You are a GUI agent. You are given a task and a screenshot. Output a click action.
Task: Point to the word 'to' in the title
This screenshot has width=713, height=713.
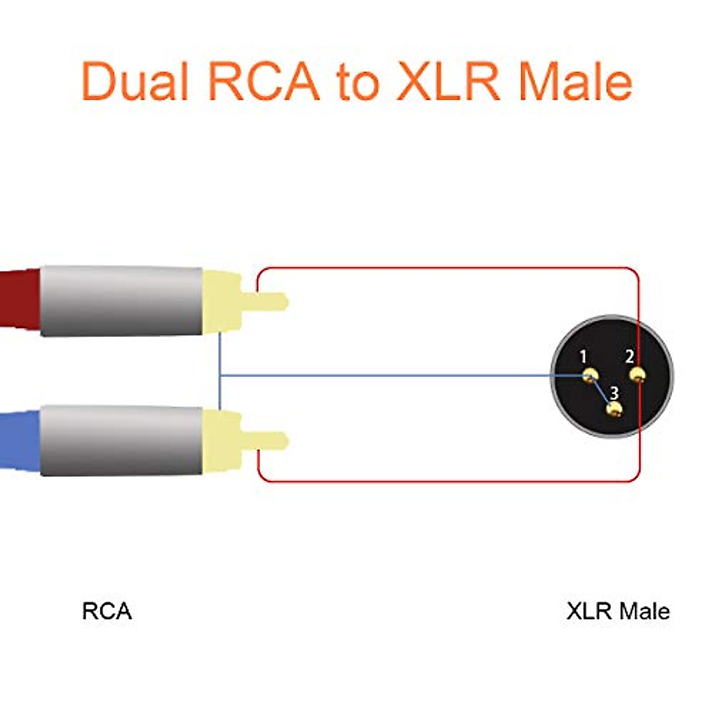pos(358,82)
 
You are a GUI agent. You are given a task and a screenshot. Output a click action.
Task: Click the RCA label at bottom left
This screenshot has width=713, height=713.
pos(107,611)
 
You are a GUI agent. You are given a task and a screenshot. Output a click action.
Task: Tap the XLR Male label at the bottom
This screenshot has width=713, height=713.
pos(618,611)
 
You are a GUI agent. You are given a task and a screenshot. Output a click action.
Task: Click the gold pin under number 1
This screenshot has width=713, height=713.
pos(591,376)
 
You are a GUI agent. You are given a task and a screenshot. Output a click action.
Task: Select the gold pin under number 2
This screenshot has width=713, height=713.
pos(637,375)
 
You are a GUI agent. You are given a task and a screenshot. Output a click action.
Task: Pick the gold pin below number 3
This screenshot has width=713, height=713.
pos(614,409)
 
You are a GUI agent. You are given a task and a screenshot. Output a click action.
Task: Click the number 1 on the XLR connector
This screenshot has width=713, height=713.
pos(583,356)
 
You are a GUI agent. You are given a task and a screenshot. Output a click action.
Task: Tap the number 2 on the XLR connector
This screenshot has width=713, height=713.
pos(629,356)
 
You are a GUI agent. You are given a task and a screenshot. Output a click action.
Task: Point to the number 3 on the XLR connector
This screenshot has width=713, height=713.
pos(614,393)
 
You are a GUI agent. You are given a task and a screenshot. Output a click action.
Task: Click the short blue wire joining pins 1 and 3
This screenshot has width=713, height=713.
pos(601,391)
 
